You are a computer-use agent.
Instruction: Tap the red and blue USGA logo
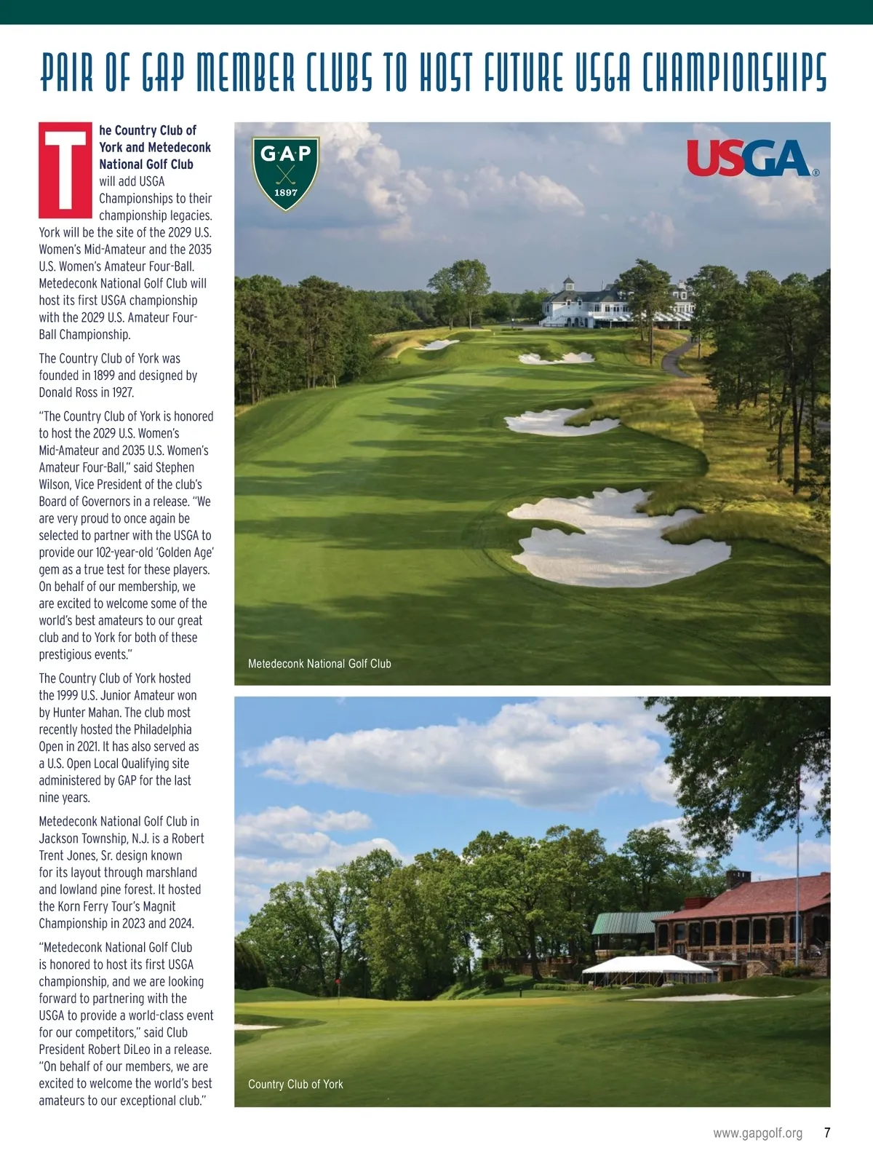(x=750, y=159)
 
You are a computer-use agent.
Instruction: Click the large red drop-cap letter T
(x=65, y=170)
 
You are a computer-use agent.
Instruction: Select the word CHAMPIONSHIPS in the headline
(x=735, y=74)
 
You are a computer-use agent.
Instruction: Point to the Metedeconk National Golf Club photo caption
(x=319, y=664)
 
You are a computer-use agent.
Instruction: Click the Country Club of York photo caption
(x=295, y=1084)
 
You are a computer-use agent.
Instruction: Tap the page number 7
(x=827, y=1133)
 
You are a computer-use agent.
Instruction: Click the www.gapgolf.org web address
(x=757, y=1133)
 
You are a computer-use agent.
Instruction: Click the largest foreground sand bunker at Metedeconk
(x=618, y=539)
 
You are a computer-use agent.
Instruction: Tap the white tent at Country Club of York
(x=647, y=966)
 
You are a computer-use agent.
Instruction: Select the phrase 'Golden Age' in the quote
(x=181, y=552)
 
